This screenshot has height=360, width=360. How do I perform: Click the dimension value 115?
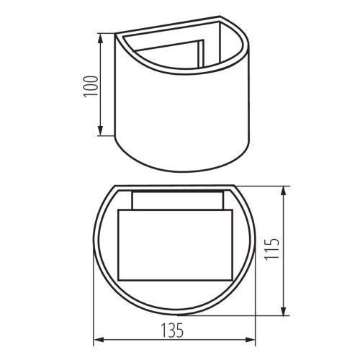click(271, 248)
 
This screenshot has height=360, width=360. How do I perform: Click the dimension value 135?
click(172, 330)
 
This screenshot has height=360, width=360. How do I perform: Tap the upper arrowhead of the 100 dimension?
click(101, 38)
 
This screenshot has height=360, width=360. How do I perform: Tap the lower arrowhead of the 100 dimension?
click(101, 130)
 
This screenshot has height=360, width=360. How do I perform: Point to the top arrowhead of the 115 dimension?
click(284, 191)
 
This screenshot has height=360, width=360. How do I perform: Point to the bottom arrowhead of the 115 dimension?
click(284, 311)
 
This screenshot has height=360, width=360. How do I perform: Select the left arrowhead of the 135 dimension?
click(99, 340)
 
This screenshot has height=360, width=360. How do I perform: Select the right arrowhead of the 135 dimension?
click(250, 340)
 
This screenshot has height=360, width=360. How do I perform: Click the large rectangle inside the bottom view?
click(175, 245)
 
